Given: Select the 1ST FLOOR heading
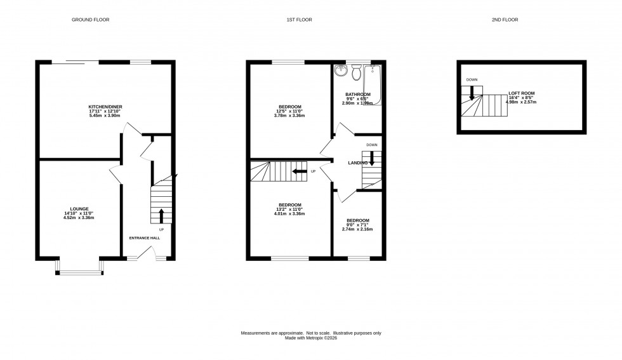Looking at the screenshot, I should coord(298,20).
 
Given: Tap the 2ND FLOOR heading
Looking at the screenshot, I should coord(505,20).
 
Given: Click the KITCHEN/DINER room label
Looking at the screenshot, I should coord(105,106).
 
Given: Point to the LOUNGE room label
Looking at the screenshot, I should coord(79,208).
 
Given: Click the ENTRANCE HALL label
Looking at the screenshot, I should coord(145,238).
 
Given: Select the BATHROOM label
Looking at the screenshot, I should coord(357,94).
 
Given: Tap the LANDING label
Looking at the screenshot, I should coord(358,163).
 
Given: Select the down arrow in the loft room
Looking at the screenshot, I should coord(472,93).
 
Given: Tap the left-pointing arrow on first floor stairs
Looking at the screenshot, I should coord(299,171).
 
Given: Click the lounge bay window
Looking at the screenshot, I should coord(80,272).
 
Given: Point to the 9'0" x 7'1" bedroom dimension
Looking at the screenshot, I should coord(358,225).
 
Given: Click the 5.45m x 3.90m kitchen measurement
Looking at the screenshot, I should coord(105,116).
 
